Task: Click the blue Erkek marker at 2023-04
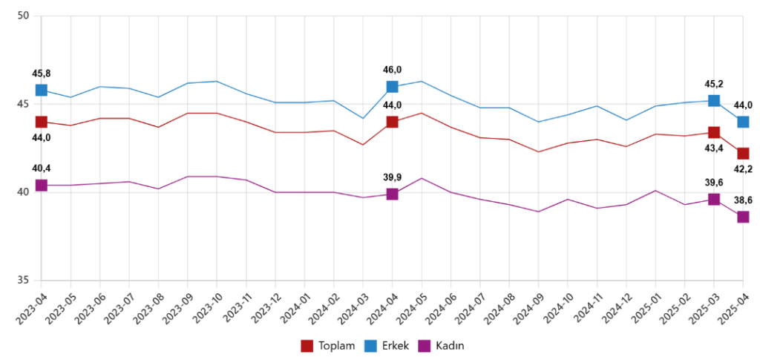point(42,90)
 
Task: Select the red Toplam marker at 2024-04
point(392,122)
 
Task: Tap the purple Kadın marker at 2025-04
point(742,217)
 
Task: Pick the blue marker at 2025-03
point(713,101)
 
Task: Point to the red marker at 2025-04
point(742,154)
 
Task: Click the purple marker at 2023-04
point(42,185)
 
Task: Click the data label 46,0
point(392,70)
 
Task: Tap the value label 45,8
point(42,73)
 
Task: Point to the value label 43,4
point(713,148)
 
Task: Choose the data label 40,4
point(42,168)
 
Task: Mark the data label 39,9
point(392,177)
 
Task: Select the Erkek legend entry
point(390,346)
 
